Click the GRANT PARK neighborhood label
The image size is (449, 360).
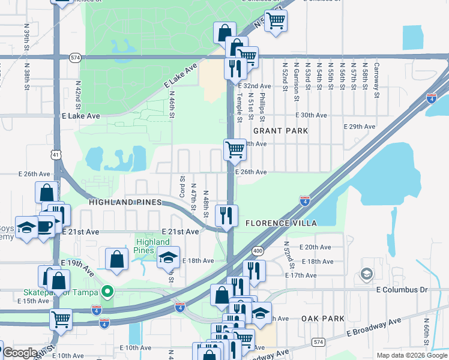280,131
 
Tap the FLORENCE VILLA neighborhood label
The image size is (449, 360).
281,223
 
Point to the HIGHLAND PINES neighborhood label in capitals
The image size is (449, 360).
125,203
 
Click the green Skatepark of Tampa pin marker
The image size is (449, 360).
107,292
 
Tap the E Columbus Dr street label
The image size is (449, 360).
402,290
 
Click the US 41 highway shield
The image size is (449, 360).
55,155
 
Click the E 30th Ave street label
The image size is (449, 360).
311,115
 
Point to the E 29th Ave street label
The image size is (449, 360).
359,127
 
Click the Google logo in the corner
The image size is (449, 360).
20,353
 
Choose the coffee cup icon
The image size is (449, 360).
44,225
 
